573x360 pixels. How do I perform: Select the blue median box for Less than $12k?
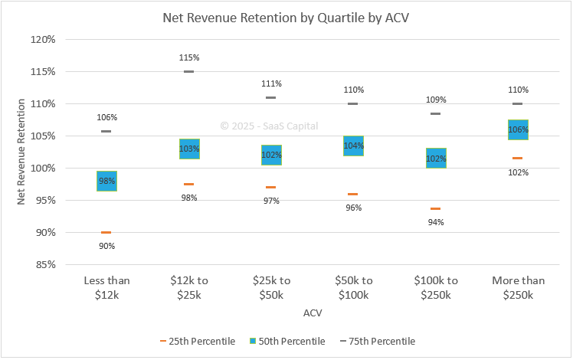pyautogui.click(x=106, y=181)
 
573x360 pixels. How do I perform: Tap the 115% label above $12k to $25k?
pyautogui.click(x=189, y=57)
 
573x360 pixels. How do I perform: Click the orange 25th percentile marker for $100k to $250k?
pyautogui.click(x=435, y=208)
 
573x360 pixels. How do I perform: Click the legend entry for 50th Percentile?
pyautogui.click(x=288, y=341)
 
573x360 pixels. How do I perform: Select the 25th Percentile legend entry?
pyautogui.click(x=198, y=341)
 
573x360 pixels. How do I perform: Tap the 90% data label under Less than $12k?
pyautogui.click(x=106, y=246)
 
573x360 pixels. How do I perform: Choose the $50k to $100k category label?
pyautogui.click(x=353, y=287)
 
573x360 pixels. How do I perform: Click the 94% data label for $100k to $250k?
pyautogui.click(x=435, y=222)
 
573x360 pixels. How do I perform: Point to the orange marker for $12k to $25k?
pyautogui.click(x=189, y=184)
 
